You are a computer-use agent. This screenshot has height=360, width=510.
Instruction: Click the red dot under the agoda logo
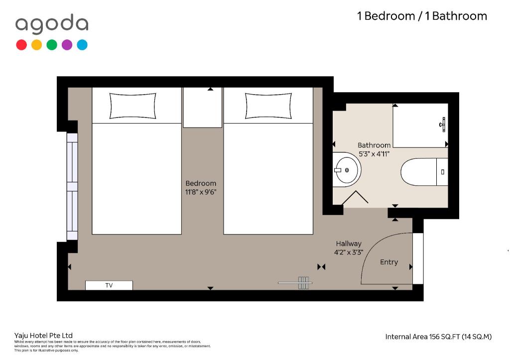pos(21,45)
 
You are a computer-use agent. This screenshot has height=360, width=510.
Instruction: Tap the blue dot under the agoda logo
pos(82,45)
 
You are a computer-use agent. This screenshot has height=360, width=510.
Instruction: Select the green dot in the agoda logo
pos(52,45)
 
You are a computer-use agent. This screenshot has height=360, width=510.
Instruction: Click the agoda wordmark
pos(52,24)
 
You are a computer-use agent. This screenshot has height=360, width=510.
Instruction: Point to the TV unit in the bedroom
pos(109,285)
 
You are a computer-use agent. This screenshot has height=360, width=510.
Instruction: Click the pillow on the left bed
pos(132,106)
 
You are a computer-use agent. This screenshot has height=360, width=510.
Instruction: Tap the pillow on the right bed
pos(268,106)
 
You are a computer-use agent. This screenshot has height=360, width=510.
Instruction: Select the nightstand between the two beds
pos(203,108)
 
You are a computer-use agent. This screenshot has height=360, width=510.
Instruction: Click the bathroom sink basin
pos(347,169)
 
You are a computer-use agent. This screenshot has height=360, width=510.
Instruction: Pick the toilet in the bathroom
pos(424,172)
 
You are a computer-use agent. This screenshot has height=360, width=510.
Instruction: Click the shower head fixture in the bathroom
pos(442,124)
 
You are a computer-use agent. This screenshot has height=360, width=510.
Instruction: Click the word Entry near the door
pos(389,262)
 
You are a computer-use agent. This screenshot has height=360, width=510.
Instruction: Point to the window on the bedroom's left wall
pos(72,186)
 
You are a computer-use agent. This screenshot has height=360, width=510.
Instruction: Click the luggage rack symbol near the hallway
pos(295,283)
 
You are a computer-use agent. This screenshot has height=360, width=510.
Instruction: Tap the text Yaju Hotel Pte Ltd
pos(43,336)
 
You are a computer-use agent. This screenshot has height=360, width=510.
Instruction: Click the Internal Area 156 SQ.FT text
pos(438,337)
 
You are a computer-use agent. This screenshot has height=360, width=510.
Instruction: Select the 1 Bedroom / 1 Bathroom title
pos(422,16)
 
